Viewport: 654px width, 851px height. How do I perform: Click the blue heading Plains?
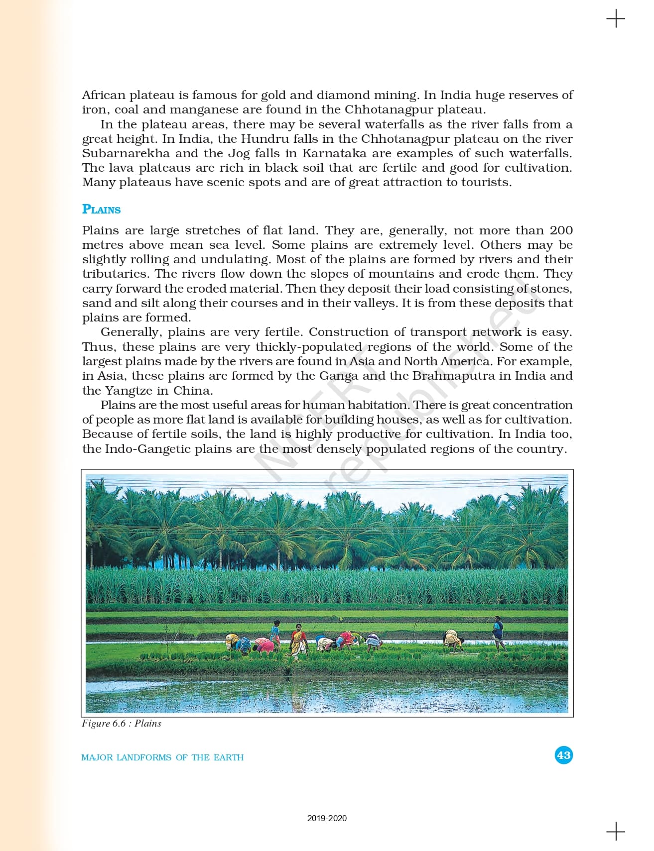[x=101, y=210]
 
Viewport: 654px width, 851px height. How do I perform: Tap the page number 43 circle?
[x=563, y=755]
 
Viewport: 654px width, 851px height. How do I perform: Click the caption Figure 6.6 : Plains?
[x=122, y=724]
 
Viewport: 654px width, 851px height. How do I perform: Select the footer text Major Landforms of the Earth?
[x=162, y=757]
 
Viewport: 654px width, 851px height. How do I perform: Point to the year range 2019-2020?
[x=327, y=818]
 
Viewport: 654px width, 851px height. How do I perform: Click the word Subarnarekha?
[x=126, y=153]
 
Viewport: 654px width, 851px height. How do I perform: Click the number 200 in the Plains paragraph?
[x=561, y=230]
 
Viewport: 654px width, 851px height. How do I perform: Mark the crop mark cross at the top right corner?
[x=616, y=19]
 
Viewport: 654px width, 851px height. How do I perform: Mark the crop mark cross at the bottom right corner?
[x=616, y=831]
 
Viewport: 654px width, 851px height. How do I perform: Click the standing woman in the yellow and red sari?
[x=298, y=641]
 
